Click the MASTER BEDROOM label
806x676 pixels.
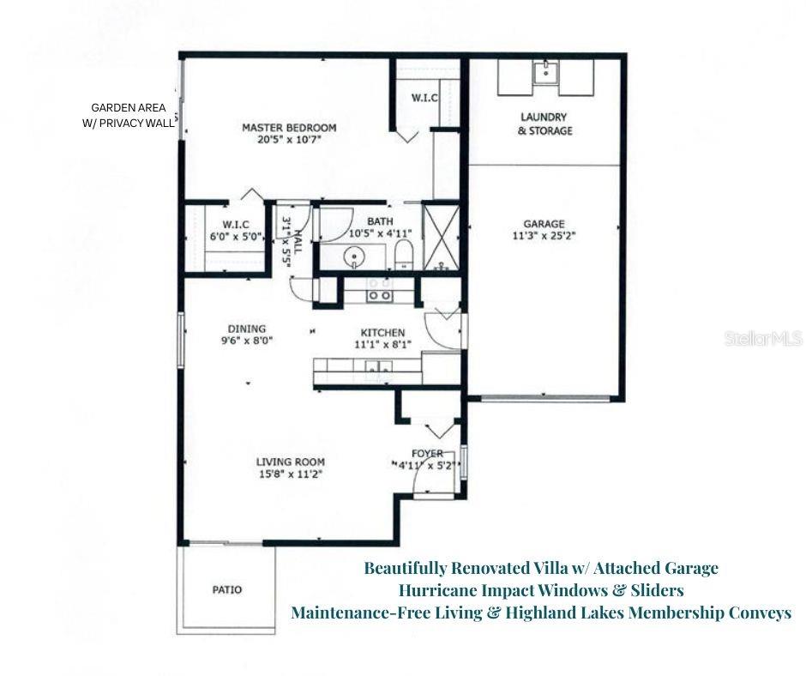288,128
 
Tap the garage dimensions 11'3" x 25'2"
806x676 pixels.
544,238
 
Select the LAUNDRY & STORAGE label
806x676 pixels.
544,124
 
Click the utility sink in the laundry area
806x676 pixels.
544,73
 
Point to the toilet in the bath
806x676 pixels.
404,254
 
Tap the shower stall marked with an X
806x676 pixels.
442,237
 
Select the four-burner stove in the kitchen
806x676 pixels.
380,295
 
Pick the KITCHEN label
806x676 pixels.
382,333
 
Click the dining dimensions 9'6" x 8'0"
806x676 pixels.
247,341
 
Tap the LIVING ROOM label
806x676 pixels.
290,462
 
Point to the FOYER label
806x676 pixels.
427,454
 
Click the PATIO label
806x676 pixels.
226,590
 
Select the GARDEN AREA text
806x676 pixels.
129,108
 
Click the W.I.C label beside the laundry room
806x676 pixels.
425,99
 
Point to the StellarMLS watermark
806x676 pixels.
762,339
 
